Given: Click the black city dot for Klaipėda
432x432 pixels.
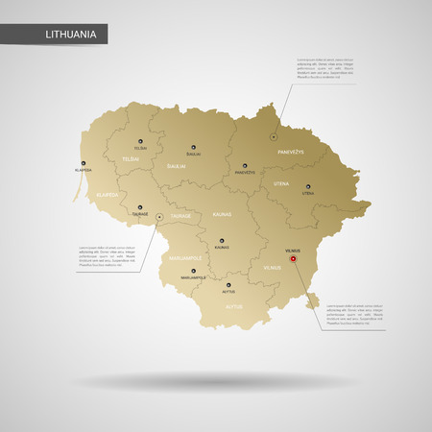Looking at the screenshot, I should coord(84,164).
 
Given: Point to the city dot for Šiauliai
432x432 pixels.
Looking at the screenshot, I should coord(193,146).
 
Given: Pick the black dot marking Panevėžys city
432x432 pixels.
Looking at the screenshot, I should coord(245,165).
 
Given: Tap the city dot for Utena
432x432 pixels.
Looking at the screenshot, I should coord(308,186).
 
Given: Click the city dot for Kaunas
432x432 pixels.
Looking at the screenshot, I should coord(222,240).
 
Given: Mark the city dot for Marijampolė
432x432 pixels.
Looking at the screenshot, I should coord(193,272).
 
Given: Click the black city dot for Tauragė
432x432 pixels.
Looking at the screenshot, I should coord(140,205).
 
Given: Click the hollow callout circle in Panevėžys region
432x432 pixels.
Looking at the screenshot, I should coord(274,137).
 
